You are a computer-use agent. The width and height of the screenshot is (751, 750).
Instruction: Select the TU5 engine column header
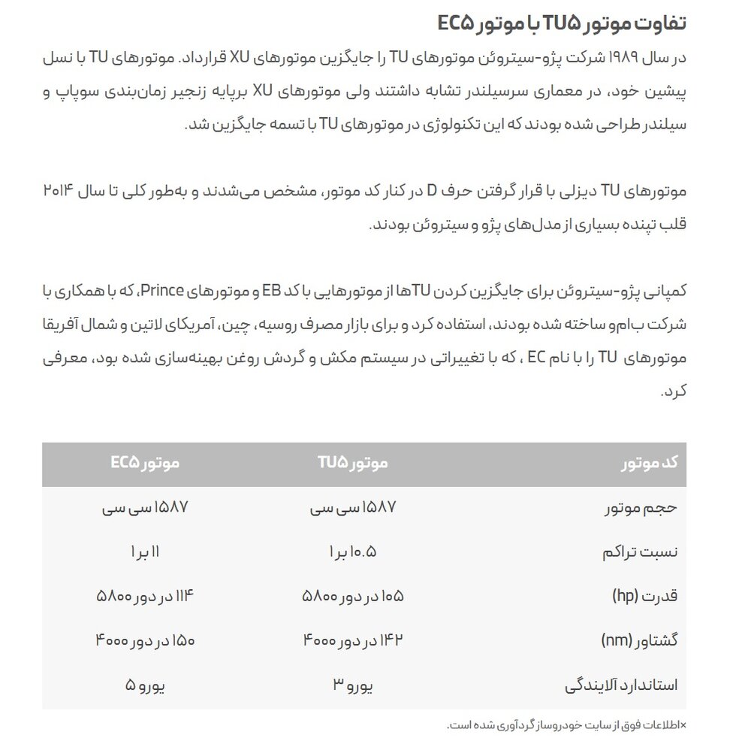[x=351, y=464]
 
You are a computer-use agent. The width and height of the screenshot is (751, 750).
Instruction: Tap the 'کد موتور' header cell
[x=649, y=464]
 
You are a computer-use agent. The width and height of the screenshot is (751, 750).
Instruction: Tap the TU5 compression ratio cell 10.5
[x=351, y=552]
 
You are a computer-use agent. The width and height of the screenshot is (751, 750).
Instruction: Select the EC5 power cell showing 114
[x=145, y=597]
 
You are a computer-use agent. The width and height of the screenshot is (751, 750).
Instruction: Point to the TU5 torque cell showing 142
[x=353, y=641]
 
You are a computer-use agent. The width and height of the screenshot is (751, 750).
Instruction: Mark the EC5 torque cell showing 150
[x=145, y=641]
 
